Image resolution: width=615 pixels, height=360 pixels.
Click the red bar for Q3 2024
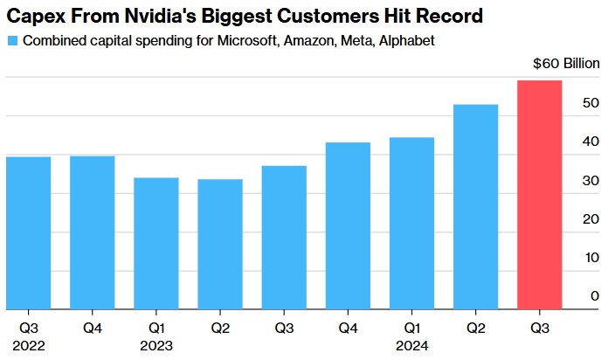pos(540,195)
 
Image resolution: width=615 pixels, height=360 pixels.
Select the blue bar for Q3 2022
pos(29,232)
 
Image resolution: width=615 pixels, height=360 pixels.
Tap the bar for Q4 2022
pos(93,232)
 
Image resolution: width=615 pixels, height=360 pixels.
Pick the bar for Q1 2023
pos(156,243)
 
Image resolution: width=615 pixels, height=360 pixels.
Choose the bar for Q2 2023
pos(220,244)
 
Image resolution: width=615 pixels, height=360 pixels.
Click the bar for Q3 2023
pos(284,237)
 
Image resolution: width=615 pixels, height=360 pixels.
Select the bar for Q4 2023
pos(348,225)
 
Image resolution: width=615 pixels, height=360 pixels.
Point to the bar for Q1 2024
pos(411,223)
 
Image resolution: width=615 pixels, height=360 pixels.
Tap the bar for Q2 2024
pos(476,206)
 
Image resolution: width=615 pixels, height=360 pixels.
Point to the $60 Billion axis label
pos(566,64)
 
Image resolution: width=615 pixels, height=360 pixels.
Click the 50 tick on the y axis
pos(592,103)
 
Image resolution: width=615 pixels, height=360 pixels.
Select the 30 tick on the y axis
pos(592,181)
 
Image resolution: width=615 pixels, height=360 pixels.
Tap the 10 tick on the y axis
pos(592,258)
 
